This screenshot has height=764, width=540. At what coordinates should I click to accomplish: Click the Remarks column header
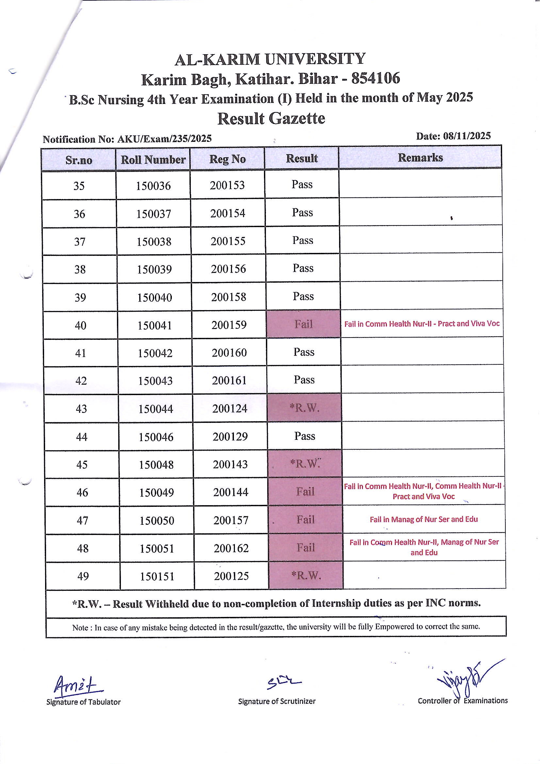click(420, 158)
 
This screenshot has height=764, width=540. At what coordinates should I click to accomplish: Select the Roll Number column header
click(153, 160)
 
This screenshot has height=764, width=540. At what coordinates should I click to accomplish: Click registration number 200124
click(230, 408)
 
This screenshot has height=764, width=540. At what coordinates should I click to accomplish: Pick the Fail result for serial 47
click(305, 520)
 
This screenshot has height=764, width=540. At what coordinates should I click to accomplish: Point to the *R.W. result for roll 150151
click(306, 575)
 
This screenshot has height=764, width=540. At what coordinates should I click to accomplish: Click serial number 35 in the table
click(79, 186)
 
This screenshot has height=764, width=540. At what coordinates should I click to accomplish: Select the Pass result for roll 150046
click(304, 436)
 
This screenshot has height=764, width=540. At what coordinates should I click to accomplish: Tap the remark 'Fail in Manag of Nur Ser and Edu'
click(424, 519)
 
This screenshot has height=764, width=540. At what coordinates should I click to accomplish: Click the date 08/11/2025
click(466, 136)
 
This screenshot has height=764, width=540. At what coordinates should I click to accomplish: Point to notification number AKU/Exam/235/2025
click(164, 139)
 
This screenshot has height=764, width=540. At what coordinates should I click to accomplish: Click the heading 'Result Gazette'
click(271, 119)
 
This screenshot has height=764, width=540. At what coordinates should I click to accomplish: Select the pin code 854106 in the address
click(376, 78)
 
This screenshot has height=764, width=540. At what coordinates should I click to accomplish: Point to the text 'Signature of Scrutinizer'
click(276, 702)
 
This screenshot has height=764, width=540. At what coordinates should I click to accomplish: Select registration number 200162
click(231, 548)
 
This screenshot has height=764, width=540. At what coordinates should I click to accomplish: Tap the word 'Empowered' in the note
click(395, 627)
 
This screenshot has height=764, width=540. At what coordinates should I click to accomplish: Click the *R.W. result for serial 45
click(305, 463)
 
